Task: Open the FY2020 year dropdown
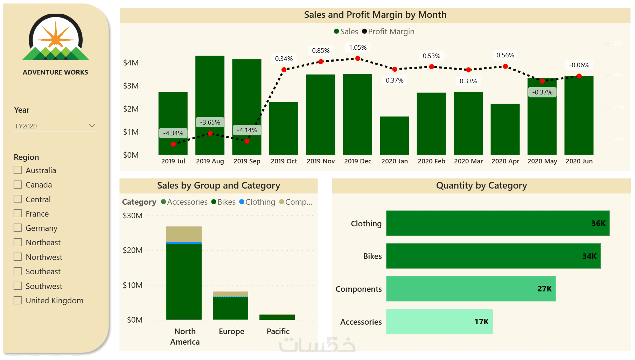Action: [x=55, y=126]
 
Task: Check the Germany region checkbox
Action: [x=18, y=228]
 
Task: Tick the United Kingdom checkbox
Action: [x=18, y=300]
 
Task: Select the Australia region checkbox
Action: [x=18, y=170]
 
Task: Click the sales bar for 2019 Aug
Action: [x=210, y=105]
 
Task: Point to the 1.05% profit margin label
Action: [x=357, y=48]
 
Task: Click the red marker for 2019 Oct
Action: [x=284, y=70]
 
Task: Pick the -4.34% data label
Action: [x=173, y=133]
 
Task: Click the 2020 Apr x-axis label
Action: [x=505, y=161]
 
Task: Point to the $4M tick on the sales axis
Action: [x=131, y=63]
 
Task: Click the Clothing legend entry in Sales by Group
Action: [x=257, y=202]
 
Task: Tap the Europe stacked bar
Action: [x=230, y=306]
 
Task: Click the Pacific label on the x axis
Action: [x=278, y=331]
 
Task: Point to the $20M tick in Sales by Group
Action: [x=132, y=250]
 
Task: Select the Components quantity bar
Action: [x=470, y=289]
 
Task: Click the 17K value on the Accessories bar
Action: [x=481, y=322]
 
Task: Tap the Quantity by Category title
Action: [x=481, y=185]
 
